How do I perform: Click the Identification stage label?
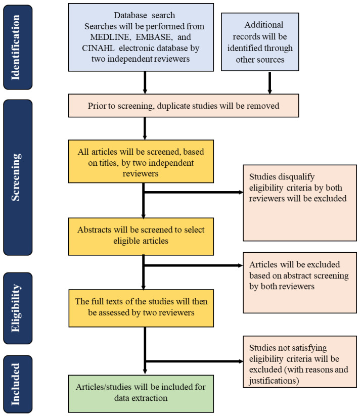(15, 47)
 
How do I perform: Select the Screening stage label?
(15, 177)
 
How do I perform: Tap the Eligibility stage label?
(15, 308)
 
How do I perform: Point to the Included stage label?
(15, 384)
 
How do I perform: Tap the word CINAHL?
(98, 48)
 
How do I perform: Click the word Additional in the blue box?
(264, 25)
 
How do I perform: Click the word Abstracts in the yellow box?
(94, 230)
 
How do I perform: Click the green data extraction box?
(141, 393)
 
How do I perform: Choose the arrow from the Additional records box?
(269, 82)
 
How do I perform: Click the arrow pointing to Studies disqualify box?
(193, 192)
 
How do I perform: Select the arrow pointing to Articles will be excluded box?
(193, 265)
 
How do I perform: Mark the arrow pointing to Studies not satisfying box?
(194, 361)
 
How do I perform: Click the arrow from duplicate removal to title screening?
(145, 128)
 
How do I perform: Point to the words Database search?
(145, 15)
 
